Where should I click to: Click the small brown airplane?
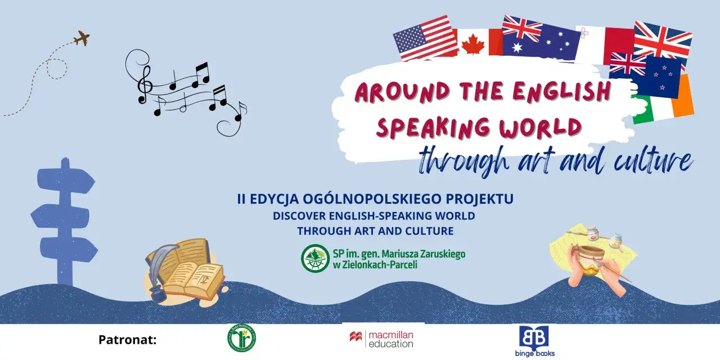click(82, 39)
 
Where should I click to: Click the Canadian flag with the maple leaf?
click(478, 42)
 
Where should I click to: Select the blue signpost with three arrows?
click(63, 219)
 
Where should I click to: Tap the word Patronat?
click(127, 340)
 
